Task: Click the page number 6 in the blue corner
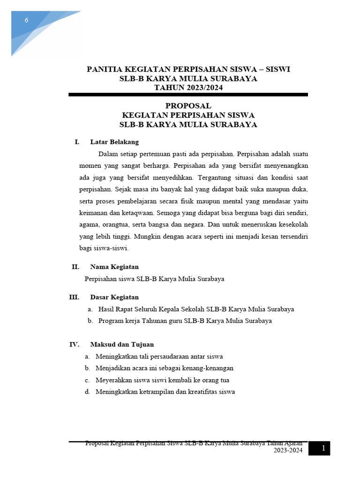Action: (x=27, y=20)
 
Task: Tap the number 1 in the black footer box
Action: (x=323, y=449)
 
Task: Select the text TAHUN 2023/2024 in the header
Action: (x=188, y=88)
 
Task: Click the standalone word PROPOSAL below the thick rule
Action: (x=188, y=106)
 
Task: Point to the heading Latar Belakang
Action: (x=114, y=142)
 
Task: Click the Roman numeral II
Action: (x=75, y=267)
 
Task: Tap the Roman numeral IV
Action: (x=75, y=345)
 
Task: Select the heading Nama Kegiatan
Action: (x=114, y=267)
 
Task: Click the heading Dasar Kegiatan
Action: (x=114, y=297)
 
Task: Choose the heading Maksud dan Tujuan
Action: (x=122, y=345)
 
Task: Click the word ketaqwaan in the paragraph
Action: (x=124, y=213)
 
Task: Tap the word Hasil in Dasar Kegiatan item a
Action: (x=106, y=309)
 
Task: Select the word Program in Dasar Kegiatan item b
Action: (x=111, y=321)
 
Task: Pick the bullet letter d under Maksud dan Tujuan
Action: (x=88, y=392)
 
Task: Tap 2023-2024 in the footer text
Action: (x=288, y=451)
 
